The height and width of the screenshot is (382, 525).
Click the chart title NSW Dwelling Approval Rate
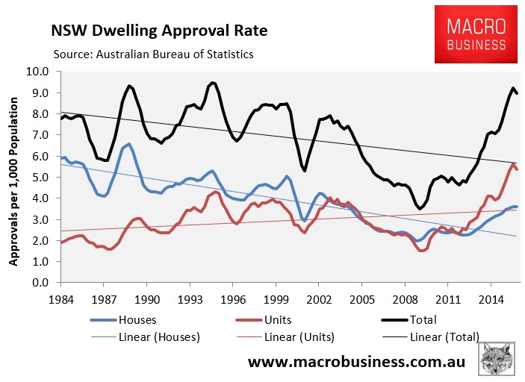coord(158,31)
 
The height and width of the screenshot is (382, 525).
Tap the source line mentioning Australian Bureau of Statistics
coord(153,54)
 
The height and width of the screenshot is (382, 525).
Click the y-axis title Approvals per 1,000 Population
coord(15,178)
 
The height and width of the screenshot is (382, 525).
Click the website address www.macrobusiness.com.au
coord(357,363)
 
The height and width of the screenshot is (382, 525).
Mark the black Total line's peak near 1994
coord(213,82)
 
